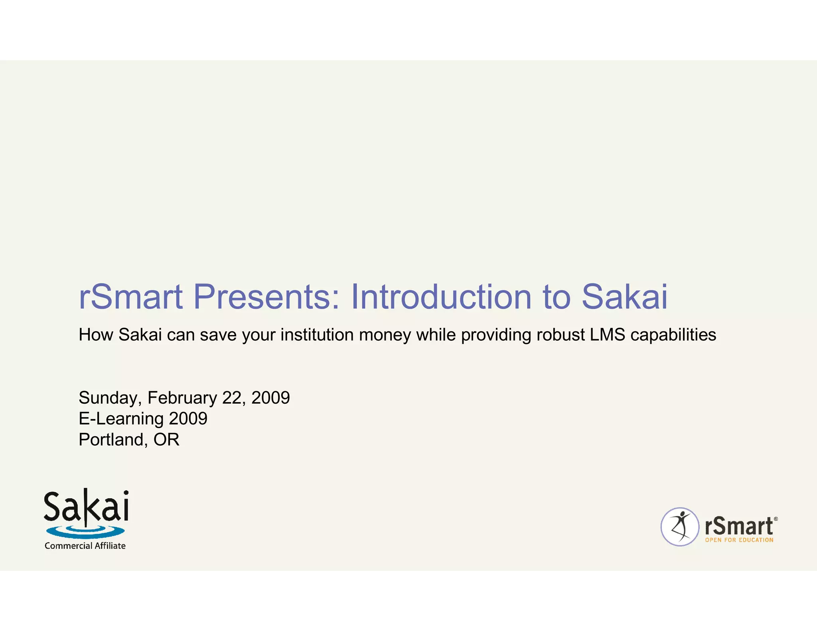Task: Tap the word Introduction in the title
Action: (441, 297)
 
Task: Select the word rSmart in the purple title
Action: (130, 297)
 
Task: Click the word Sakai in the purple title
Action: (624, 297)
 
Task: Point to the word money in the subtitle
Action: (385, 335)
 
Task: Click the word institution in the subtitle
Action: (317, 335)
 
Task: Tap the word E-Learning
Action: (121, 419)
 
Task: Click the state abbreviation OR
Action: (166, 440)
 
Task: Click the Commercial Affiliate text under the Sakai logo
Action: (85, 546)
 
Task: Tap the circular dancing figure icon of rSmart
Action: (680, 526)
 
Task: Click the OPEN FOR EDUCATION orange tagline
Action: (739, 540)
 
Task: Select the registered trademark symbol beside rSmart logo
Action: (776, 519)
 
